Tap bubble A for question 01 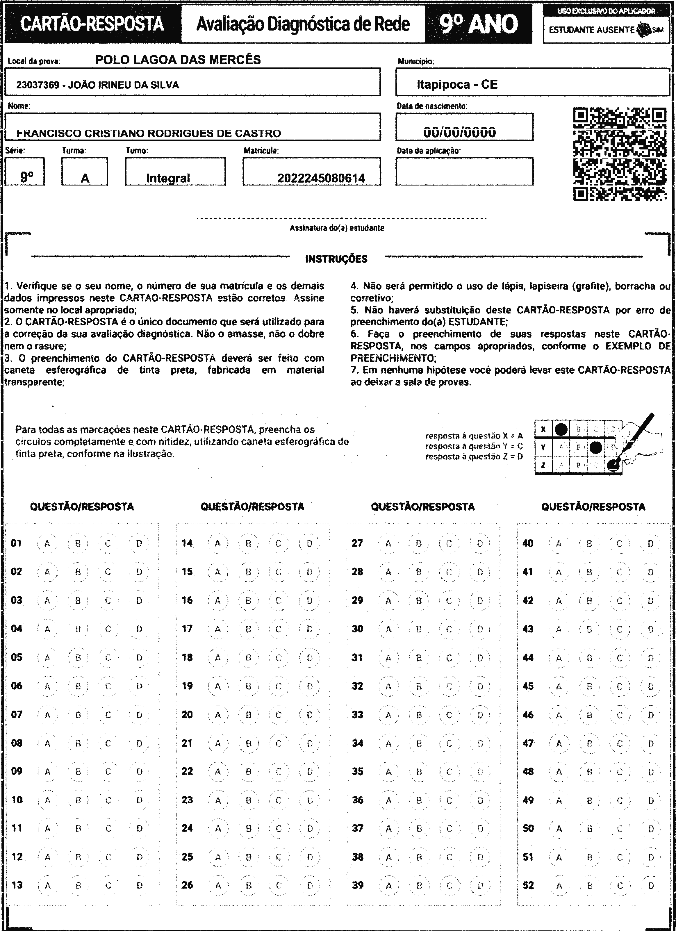[47, 543]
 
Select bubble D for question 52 [650, 885]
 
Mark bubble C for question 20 [279, 715]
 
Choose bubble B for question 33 [419, 715]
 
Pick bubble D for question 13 [139, 885]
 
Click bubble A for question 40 [559, 543]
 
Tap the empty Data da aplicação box [464, 172]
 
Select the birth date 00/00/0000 [459, 132]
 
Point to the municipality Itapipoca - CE [457, 85]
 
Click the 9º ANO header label [478, 24]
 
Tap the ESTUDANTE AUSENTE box [606, 30]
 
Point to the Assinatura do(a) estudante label [337, 228]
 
